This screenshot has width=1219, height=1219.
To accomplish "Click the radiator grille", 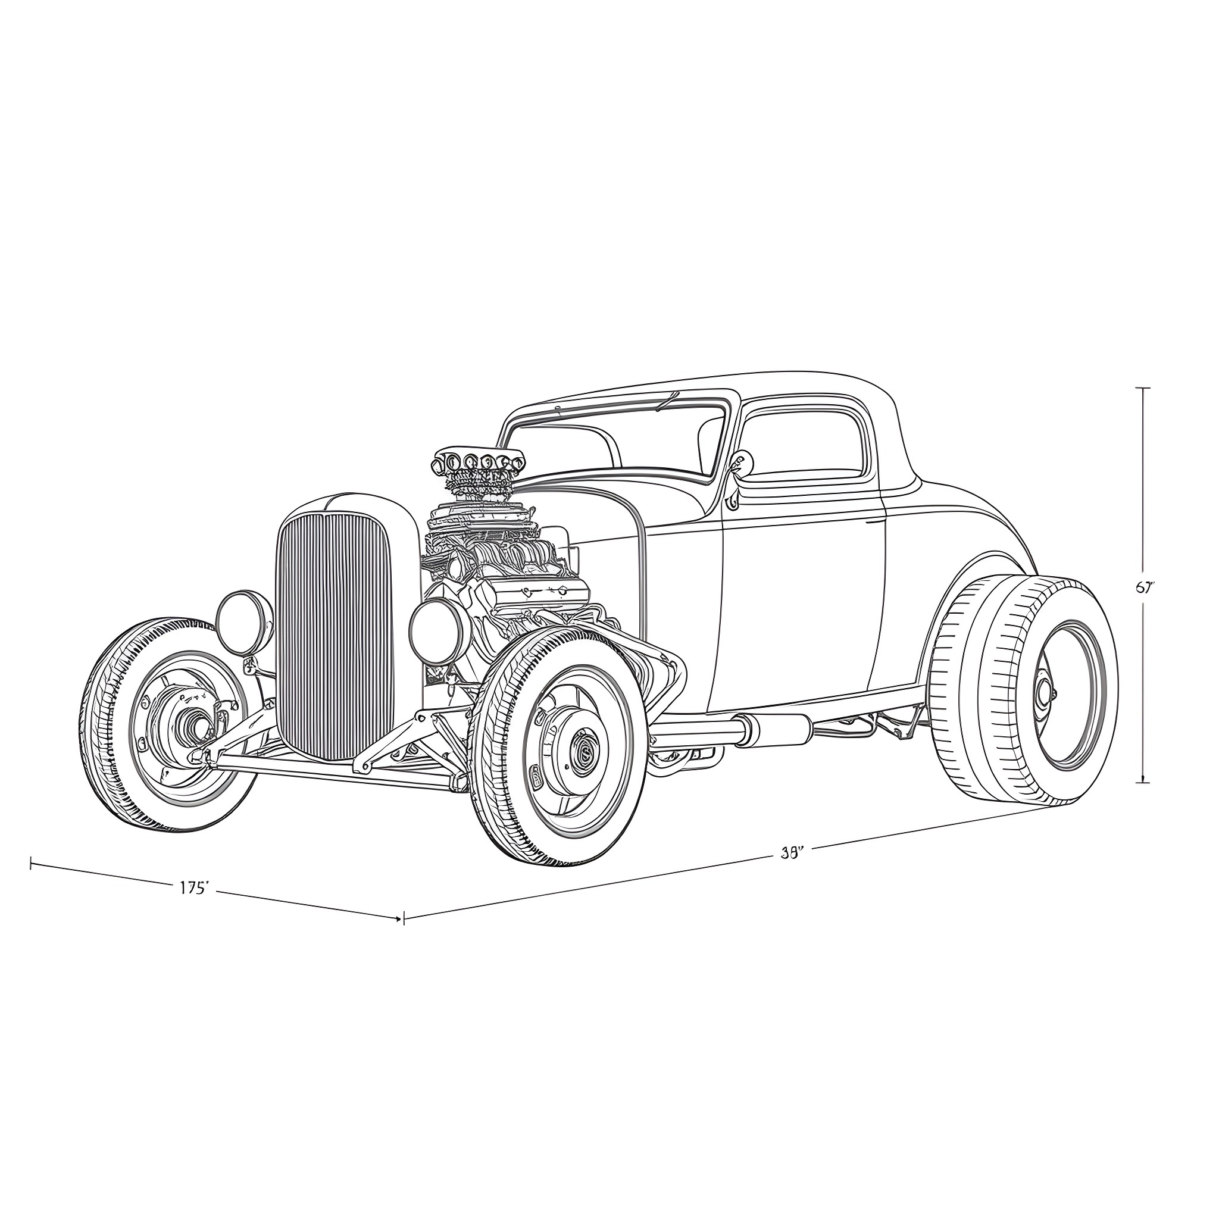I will pos(333,637).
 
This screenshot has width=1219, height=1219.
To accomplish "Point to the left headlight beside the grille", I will pos(244,623).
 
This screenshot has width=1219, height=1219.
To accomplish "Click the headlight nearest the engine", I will pos(435,631).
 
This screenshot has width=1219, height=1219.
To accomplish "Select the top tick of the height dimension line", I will pos(1143,388).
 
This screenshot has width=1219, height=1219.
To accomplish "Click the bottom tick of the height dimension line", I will pos(1143,782).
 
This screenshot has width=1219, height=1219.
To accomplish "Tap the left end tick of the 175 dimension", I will pos(31,864).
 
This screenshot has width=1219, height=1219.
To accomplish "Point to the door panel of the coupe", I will pos(801,606).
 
